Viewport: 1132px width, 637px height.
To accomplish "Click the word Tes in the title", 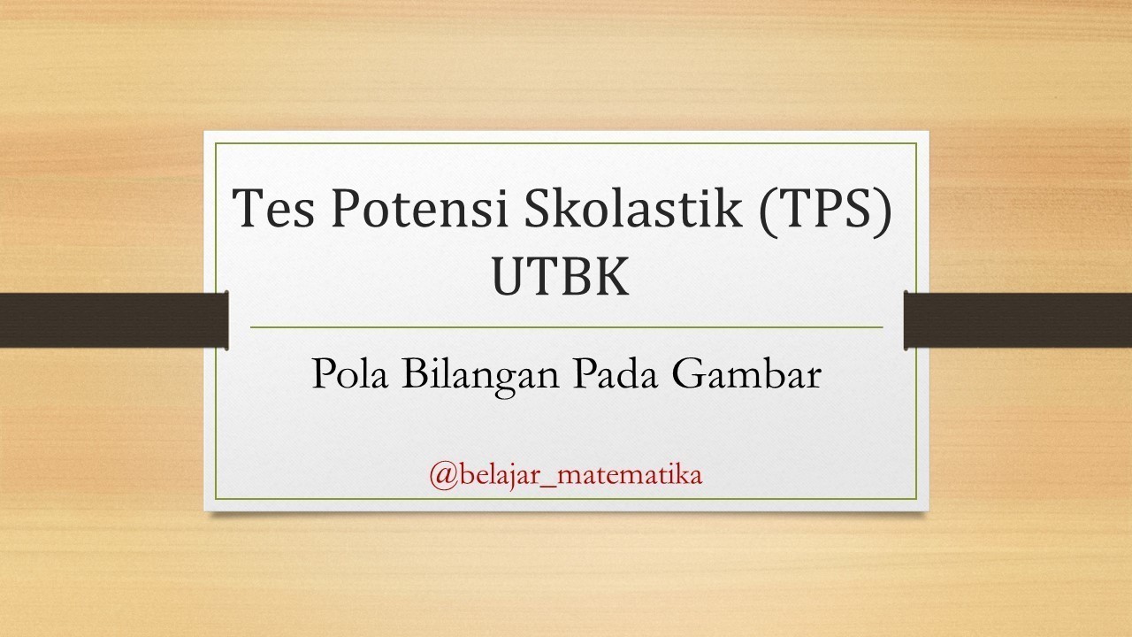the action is click(273, 208).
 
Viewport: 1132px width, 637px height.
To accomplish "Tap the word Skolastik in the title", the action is click(633, 207).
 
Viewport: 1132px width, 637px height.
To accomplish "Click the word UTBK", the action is click(561, 277).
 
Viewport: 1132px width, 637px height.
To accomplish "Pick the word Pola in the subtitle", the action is click(349, 373).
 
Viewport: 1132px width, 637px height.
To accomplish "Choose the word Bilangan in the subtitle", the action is click(480, 377).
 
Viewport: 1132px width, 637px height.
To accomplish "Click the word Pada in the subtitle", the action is click(616, 373).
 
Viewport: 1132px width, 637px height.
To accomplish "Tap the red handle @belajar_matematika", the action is click(566, 476).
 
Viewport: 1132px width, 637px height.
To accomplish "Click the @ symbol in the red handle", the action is click(444, 477).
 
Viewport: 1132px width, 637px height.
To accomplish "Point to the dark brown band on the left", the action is click(114, 320).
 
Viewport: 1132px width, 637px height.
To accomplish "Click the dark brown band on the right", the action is click(1018, 320).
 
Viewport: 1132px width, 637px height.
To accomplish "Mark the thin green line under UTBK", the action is click(567, 327).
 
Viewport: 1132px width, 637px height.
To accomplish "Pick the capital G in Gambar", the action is click(689, 373).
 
